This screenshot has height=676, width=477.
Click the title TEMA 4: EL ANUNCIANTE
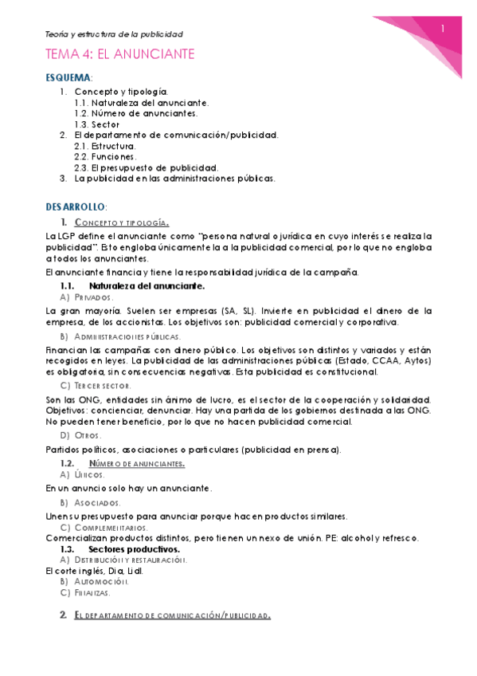tap(119, 54)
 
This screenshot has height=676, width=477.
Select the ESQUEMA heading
tap(69, 78)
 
